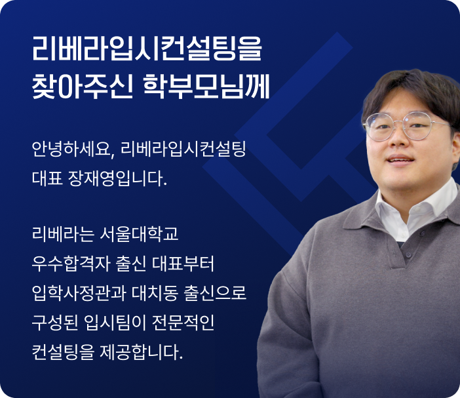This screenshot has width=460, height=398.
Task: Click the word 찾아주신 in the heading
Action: (x=83, y=87)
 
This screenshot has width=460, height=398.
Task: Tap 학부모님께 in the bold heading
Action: (x=206, y=87)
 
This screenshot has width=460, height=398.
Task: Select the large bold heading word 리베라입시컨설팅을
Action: (x=147, y=49)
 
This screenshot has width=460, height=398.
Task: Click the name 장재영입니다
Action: (x=117, y=178)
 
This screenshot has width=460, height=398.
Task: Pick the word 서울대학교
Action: (x=139, y=234)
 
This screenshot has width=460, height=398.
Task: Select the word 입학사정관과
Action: (x=79, y=293)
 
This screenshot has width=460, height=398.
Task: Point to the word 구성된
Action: (x=55, y=323)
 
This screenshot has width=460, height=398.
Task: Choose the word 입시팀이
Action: (x=115, y=323)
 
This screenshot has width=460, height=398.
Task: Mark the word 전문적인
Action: (x=183, y=323)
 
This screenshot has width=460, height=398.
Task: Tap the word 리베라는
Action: (x=63, y=234)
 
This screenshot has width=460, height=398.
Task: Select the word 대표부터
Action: (x=183, y=264)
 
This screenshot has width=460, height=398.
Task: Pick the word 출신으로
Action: (x=214, y=293)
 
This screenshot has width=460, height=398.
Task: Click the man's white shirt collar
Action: (x=417, y=209)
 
